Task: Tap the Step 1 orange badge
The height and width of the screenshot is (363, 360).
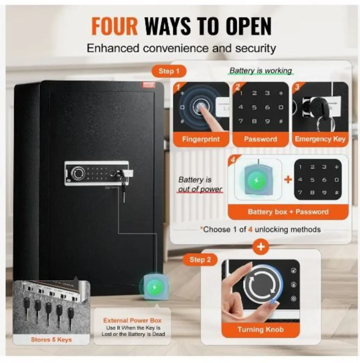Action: (x=169, y=71)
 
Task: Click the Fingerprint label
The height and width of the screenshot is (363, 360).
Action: (x=201, y=139)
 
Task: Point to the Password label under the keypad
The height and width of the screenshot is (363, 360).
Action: (x=260, y=139)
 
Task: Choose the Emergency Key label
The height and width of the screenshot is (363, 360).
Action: (x=320, y=139)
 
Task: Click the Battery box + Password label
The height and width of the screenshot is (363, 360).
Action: (x=288, y=212)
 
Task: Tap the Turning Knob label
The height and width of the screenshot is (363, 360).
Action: (x=260, y=329)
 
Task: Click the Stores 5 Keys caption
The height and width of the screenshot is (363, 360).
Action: (x=51, y=339)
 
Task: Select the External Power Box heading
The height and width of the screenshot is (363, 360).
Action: (x=132, y=320)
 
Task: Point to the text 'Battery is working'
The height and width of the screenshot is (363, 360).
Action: (x=261, y=71)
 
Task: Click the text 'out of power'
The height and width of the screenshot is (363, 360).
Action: (x=200, y=189)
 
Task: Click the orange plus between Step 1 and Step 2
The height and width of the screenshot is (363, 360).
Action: (x=260, y=247)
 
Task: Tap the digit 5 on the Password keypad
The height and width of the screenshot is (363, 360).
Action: (x=254, y=107)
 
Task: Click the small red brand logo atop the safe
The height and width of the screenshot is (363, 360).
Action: (x=149, y=84)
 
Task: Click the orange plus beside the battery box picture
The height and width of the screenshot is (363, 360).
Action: (x=288, y=179)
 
